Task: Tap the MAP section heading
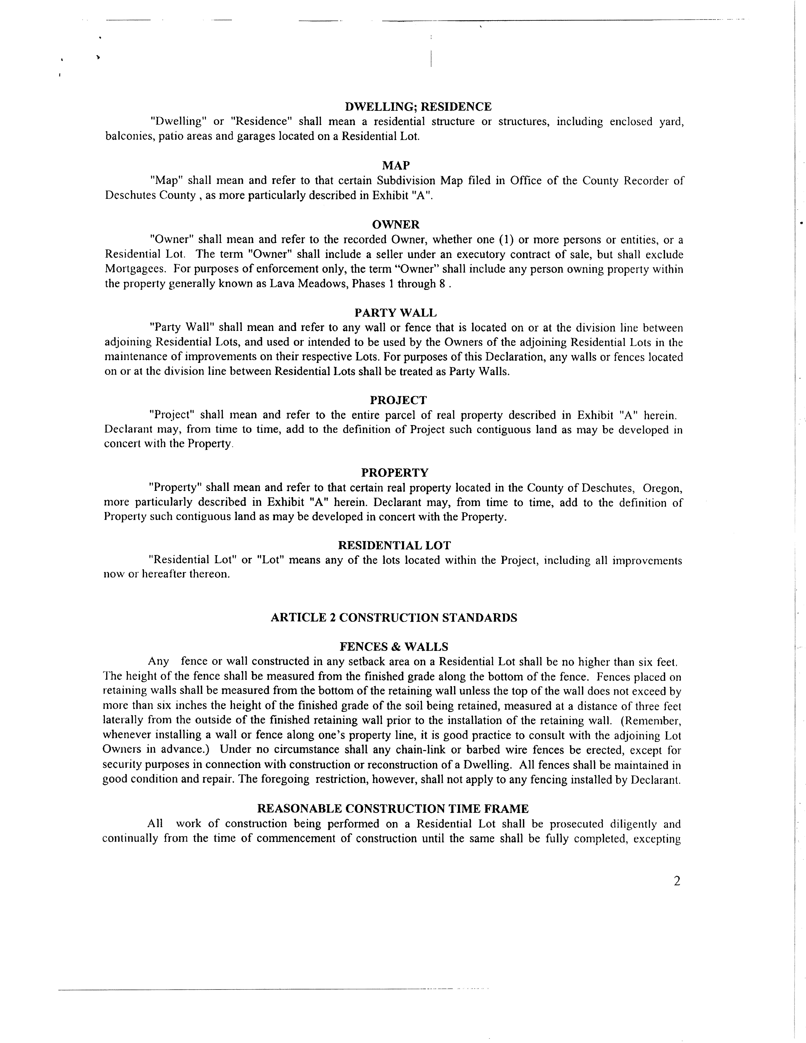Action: pyautogui.click(x=396, y=166)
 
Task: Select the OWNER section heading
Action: pyautogui.click(x=395, y=224)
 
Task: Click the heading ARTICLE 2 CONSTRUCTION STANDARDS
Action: pyautogui.click(x=394, y=617)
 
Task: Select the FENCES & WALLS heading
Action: pyautogui.click(x=394, y=647)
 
